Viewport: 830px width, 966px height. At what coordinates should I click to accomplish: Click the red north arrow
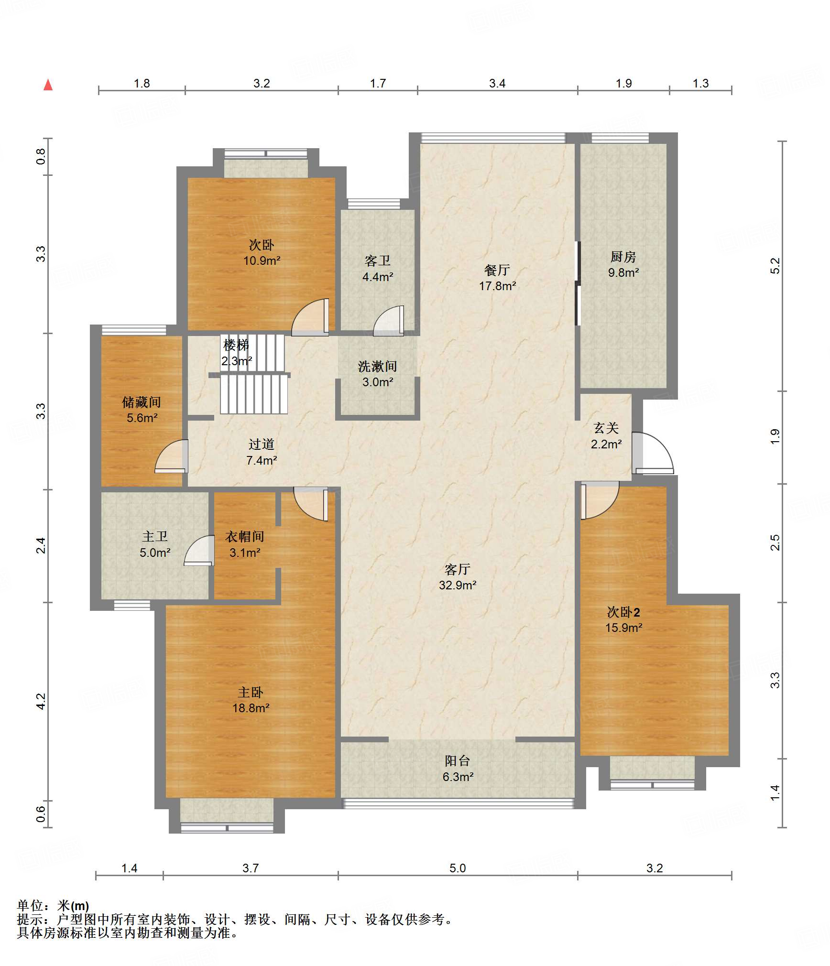coord(48,85)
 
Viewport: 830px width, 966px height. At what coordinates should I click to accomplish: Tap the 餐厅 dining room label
coord(497,270)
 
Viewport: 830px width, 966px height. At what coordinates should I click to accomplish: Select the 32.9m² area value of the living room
coord(458,585)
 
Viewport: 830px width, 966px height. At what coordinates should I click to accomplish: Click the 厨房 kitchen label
coord(623,257)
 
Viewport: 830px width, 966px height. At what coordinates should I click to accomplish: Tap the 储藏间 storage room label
coord(142,402)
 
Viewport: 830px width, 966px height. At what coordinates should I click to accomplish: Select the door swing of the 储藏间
coord(171,456)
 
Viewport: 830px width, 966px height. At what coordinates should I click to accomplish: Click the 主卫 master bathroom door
coord(199,551)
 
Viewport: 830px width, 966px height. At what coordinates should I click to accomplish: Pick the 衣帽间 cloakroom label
coord(245,537)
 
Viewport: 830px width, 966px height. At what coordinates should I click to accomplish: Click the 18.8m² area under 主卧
coord(251,708)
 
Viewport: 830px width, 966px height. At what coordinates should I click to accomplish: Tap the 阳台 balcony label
coord(458,760)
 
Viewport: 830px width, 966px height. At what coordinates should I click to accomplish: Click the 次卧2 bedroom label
coord(623,612)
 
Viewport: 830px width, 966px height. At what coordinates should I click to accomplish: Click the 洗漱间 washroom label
coord(378,367)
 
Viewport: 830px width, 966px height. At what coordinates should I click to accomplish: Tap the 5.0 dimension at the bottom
coord(458,868)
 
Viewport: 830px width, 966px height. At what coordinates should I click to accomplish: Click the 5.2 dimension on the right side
coord(775,266)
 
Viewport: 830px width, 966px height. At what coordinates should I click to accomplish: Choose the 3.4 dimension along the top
coord(497,84)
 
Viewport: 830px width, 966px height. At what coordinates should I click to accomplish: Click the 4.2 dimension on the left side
coord(41,701)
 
